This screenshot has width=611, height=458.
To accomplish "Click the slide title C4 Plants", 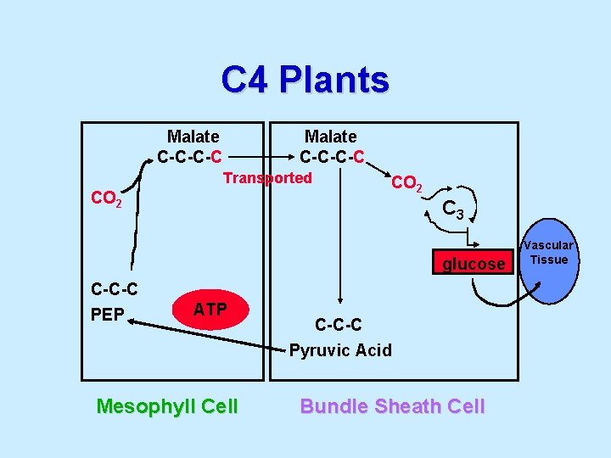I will click(305, 80).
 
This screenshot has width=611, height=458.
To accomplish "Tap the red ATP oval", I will click(210, 310).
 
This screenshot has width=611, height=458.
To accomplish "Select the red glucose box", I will click(472, 264).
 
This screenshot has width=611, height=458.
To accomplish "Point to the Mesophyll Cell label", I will click(167, 406).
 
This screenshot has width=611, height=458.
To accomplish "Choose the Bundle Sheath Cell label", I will click(392, 406).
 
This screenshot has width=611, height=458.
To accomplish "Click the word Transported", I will click(267, 178).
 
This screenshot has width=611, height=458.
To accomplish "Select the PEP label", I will click(108, 314).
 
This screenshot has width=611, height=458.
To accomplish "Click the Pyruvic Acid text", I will click(340, 349).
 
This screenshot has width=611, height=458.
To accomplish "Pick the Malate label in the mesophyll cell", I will click(193, 137).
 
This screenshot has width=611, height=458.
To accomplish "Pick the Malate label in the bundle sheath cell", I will click(330, 137).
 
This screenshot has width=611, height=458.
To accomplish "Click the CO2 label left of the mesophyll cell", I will click(106, 200).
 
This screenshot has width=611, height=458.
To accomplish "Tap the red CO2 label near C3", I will click(406, 183).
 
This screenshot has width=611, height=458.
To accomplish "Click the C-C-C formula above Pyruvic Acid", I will click(338, 324).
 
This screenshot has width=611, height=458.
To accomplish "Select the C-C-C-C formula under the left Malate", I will click(190, 156).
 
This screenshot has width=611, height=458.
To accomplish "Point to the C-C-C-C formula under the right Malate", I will click(332, 156).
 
